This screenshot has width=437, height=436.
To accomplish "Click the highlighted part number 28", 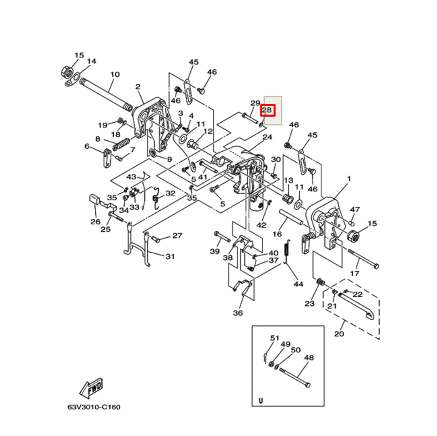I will click(x=267, y=111).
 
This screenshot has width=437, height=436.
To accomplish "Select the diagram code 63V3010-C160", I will click(x=94, y=407).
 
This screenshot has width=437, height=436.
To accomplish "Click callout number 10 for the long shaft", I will click(x=114, y=74).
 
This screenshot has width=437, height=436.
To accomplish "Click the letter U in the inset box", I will click(x=261, y=400).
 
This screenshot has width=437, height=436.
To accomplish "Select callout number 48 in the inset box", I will click(x=309, y=357).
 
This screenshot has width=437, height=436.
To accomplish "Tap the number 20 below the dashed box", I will click(x=339, y=334).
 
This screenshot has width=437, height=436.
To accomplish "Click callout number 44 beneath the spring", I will click(x=298, y=284).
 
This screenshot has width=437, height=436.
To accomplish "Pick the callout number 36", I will click(x=238, y=313).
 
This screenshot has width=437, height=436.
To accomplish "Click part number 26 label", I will click(x=95, y=221).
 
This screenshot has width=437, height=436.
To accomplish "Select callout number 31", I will click(x=170, y=256).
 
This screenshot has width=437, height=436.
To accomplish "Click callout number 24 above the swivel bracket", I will click(x=267, y=137).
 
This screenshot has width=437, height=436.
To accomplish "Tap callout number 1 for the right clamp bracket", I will click(x=349, y=179).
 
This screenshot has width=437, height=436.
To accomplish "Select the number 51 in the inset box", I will click(x=274, y=338).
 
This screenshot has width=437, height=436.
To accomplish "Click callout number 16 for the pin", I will click(x=277, y=235).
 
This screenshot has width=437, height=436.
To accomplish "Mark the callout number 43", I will click(x=132, y=177).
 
